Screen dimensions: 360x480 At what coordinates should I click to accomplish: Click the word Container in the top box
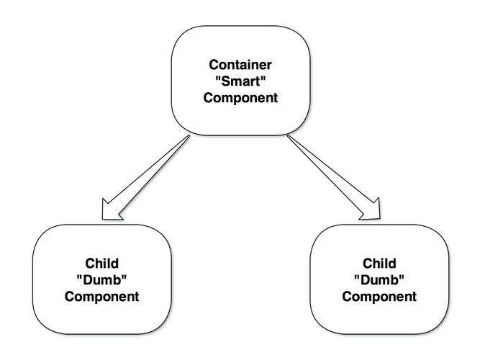pos(240,65)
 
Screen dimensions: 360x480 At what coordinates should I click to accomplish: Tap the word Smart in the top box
pos(240,81)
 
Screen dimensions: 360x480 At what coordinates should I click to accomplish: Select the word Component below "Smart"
pos(240,98)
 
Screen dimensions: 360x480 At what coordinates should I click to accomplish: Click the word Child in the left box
pos(102,264)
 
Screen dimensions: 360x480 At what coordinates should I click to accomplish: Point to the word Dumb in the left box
pos(102,280)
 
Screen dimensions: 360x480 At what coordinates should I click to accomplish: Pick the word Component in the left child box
pos(102,297)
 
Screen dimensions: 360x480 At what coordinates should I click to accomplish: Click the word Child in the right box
pos(379,264)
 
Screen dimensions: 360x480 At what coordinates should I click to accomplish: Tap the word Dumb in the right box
pos(379,280)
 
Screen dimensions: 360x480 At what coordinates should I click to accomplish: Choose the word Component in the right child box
pos(379,297)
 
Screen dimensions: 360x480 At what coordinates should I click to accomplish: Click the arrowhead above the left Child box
pos(112,209)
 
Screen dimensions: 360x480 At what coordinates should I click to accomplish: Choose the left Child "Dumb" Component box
pos(102,317)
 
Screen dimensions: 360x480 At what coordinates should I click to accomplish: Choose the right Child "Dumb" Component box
pos(379,317)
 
